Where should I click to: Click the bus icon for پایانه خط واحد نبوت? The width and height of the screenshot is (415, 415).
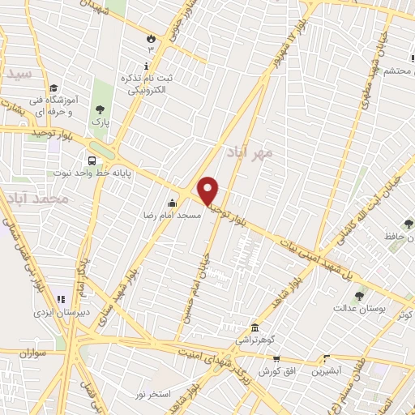pyautogui.click(x=93, y=160)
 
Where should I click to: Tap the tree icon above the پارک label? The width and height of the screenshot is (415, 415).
pyautogui.click(x=100, y=109)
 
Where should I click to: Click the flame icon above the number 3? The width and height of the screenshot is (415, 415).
pyautogui.click(x=151, y=37)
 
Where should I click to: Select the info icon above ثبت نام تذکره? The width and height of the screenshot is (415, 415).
pyautogui.click(x=146, y=65)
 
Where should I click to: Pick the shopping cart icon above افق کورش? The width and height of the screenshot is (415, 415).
pyautogui.click(x=276, y=357)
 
